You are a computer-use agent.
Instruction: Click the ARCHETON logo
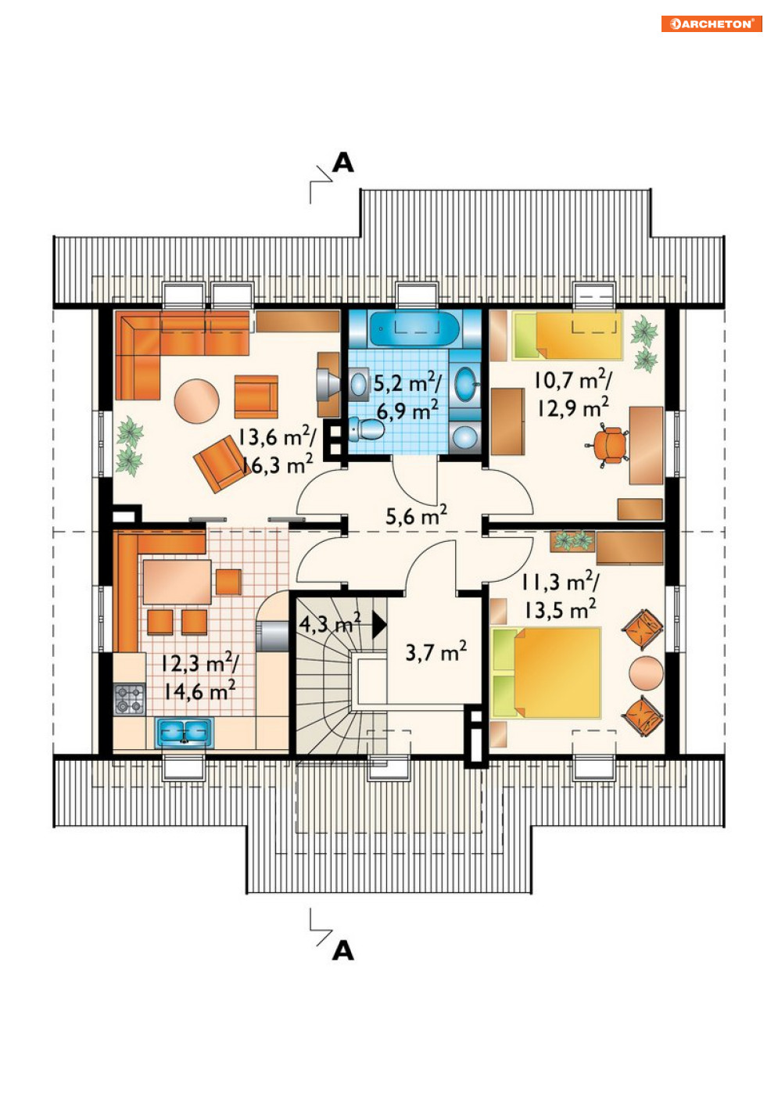tap(711, 23)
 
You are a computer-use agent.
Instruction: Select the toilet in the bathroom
tap(365, 429)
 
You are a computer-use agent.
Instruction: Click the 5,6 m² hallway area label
tap(416, 516)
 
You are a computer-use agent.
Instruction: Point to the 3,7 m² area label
tap(436, 651)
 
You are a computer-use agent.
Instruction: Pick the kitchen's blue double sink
tap(184, 732)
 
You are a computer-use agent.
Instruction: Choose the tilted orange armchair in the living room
tap(221, 464)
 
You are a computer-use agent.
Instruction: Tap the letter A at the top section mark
tap(343, 163)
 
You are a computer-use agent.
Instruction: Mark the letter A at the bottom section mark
tap(343, 950)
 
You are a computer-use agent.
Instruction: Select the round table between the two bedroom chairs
tap(645, 673)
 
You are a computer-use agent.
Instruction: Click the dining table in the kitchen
tap(177, 581)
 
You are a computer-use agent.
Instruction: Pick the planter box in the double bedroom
tap(572, 540)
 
